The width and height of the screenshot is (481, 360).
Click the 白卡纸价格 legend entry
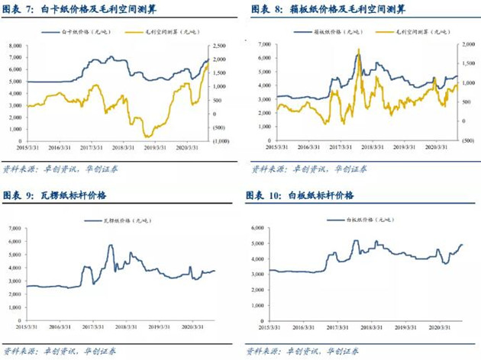point(87,33)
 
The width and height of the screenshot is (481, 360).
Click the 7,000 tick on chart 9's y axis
point(15,227)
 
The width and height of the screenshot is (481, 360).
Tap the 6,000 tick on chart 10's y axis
point(257,227)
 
